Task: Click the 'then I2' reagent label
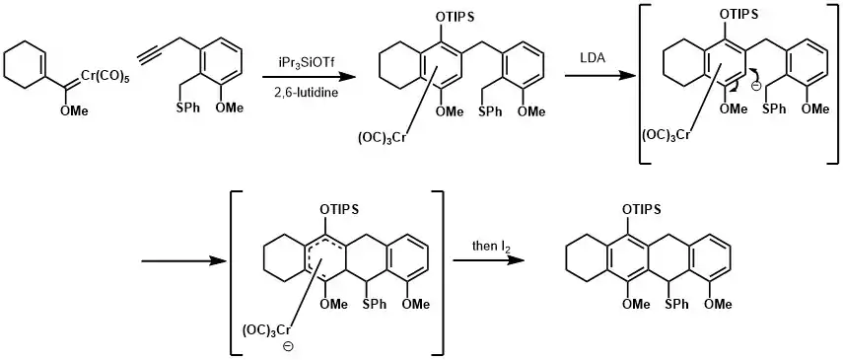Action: (x=487, y=247)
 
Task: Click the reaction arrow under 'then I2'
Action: (x=488, y=260)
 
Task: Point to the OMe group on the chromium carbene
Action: (x=72, y=111)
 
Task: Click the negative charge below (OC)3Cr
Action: (x=288, y=346)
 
